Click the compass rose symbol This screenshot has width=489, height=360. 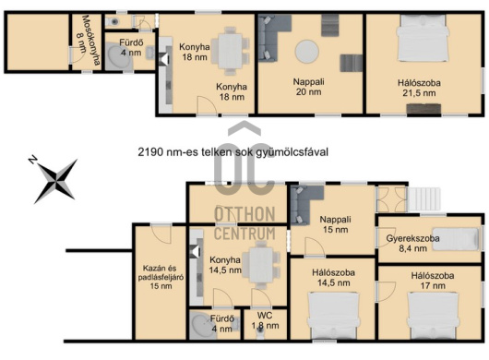(x=55, y=180)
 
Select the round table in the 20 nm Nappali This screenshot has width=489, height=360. (x=307, y=52)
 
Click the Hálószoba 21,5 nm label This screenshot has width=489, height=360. (x=419, y=88)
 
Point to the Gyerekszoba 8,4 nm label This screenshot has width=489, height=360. (x=412, y=244)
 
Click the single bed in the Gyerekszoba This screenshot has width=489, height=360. (x=456, y=239)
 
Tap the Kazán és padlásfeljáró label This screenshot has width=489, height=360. (x=161, y=277)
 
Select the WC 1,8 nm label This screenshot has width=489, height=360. (x=265, y=320)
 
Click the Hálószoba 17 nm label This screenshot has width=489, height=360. (x=433, y=281)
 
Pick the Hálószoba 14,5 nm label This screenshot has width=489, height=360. (x=333, y=278)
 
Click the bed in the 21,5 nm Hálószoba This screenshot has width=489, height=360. (x=423, y=38)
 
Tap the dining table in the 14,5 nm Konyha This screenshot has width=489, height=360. (x=261, y=264)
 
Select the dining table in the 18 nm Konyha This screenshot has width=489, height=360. (x=231, y=51)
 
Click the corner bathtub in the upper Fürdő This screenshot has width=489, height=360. (x=118, y=57)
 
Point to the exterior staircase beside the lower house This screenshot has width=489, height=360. (x=423, y=198)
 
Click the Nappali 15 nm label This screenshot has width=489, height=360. (x=335, y=224)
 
